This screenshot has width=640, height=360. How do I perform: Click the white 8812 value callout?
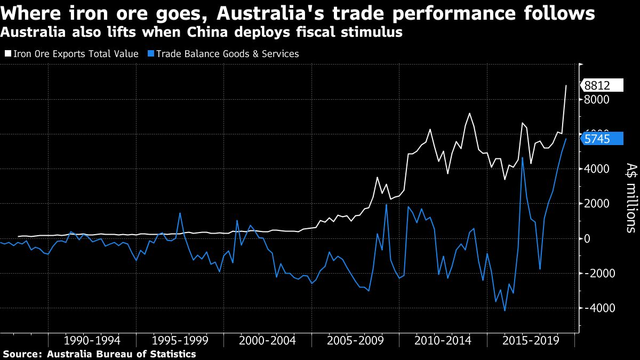pos(601,85)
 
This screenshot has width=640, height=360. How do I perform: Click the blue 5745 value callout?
pos(601,139)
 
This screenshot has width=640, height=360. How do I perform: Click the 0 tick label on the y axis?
pos(588,238)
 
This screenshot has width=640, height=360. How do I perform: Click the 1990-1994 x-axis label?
pos(92,341)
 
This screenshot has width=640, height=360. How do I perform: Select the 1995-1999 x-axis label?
pos(180,341)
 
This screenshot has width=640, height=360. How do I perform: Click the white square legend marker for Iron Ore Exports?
pos(7,54)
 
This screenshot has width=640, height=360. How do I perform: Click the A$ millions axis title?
pos(629,197)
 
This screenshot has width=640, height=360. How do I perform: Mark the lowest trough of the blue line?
pos(505,310)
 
